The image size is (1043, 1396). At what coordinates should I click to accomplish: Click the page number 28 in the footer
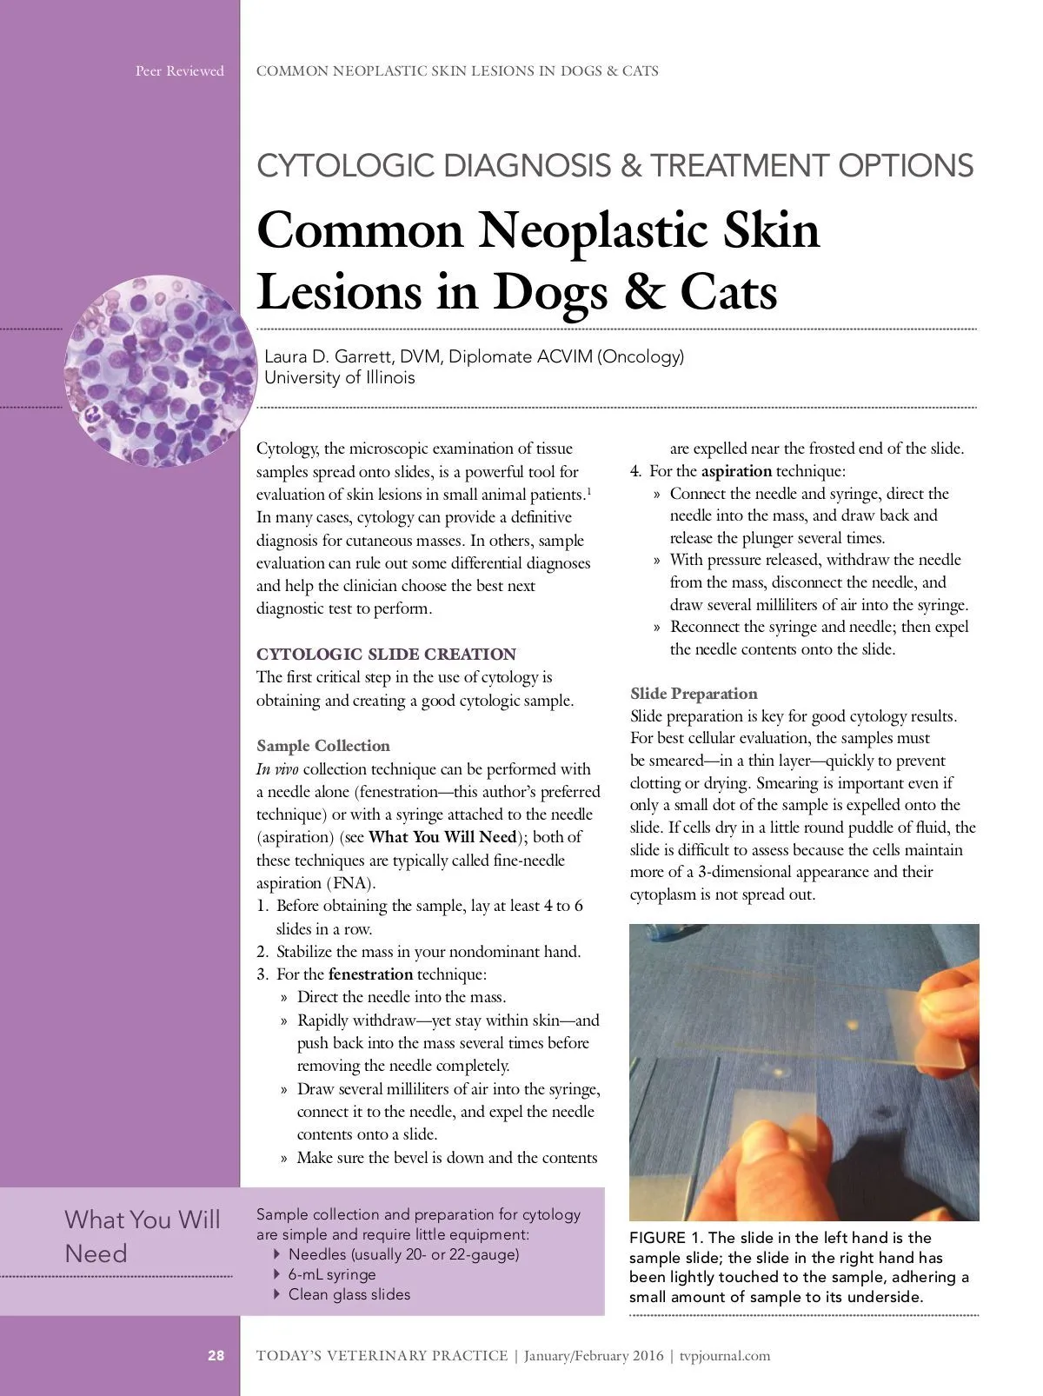tap(216, 1356)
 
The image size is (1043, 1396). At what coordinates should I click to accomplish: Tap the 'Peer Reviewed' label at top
tap(179, 71)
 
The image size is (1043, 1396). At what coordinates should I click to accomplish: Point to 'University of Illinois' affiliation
tap(339, 377)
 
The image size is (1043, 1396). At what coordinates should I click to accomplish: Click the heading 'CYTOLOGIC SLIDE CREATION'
tap(386, 654)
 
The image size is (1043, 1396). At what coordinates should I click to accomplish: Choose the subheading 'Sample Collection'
tap(323, 746)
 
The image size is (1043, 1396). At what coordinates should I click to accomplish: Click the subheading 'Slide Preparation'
tap(694, 694)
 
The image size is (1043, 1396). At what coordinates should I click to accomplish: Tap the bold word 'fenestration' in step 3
tap(370, 974)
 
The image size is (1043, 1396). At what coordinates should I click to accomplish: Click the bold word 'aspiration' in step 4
tap(736, 471)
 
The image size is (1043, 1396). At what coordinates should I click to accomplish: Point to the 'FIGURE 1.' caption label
tap(667, 1238)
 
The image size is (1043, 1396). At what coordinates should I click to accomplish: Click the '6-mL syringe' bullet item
tap(332, 1274)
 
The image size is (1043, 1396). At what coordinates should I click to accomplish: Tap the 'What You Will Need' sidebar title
tap(143, 1236)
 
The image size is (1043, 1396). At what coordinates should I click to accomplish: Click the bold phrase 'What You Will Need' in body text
tap(443, 837)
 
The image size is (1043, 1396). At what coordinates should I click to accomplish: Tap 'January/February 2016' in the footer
tap(594, 1356)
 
